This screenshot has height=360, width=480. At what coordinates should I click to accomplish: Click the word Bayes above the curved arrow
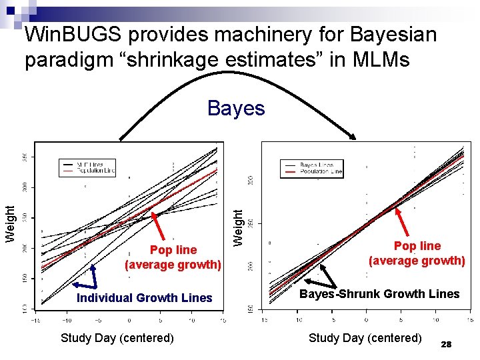point(236,108)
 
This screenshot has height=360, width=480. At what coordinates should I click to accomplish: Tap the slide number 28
point(447,344)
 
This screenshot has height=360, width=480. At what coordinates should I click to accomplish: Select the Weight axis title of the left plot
point(10,224)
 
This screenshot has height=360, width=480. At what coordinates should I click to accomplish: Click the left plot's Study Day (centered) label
point(117,338)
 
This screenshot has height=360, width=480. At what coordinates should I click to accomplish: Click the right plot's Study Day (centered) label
point(365,338)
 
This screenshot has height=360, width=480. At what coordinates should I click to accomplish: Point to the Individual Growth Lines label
point(144,298)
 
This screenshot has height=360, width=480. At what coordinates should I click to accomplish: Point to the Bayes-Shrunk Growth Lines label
point(379,294)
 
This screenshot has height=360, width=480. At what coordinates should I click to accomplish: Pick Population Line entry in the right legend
point(322,171)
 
